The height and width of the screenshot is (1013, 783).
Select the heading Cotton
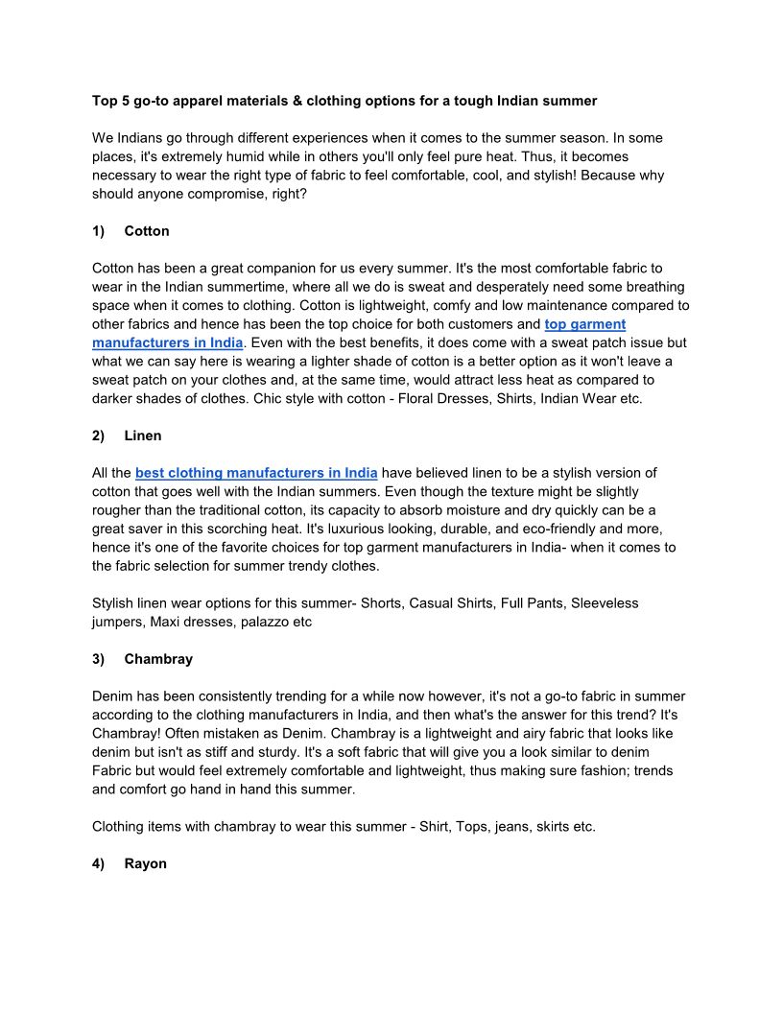[147, 231]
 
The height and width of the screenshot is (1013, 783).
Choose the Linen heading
[143, 436]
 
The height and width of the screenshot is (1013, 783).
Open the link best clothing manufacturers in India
[256, 473]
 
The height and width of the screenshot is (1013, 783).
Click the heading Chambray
[158, 659]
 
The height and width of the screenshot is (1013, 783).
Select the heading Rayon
[146, 863]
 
